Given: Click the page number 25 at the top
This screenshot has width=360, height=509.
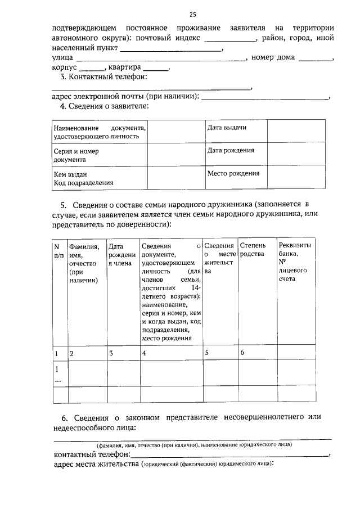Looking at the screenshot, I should coord(193,13).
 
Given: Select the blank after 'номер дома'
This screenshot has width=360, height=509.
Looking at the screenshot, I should coord(315,58).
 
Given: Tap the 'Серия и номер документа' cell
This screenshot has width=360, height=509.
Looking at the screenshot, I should coord(100,155).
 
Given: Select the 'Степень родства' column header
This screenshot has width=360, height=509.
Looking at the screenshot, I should coord(256,250).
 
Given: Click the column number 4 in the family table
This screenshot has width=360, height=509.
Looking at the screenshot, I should coord(145,353).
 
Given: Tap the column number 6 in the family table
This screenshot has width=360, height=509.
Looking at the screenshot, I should coord(242,353).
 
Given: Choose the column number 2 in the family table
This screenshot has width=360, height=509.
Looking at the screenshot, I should coord(71,353).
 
